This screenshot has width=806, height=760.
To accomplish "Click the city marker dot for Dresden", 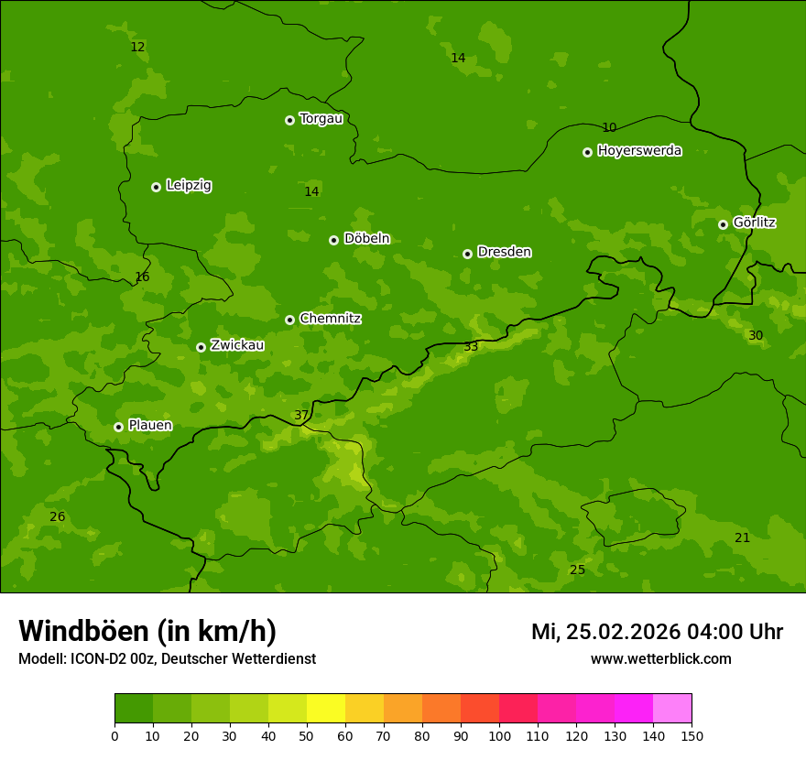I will [467, 254].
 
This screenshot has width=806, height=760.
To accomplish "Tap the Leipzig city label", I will [189, 186].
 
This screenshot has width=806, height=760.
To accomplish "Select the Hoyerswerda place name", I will [639, 151].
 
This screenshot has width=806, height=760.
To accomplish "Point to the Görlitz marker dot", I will [723, 224].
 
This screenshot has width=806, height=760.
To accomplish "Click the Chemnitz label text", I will [330, 319].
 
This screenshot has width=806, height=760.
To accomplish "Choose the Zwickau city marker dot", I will [201, 347].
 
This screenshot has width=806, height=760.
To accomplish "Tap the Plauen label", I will [150, 426].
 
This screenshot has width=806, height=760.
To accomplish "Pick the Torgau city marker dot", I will [289, 120].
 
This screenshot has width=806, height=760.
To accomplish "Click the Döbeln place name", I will [366, 239].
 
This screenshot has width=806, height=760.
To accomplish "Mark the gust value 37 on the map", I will [301, 416].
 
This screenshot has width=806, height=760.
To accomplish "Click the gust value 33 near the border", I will [471, 347].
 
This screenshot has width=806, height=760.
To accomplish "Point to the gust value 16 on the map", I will [142, 277].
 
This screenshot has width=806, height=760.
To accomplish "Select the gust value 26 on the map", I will [57, 517].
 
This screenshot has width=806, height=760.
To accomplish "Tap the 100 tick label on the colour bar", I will [499, 735].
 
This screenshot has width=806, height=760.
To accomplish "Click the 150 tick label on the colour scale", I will [692, 735].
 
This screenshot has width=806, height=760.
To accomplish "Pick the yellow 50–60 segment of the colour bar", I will [326, 709].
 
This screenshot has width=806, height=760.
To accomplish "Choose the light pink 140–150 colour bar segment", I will [672, 709].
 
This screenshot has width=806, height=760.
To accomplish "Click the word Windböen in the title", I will [83, 631].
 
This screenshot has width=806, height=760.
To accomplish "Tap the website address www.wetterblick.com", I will [660, 659].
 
